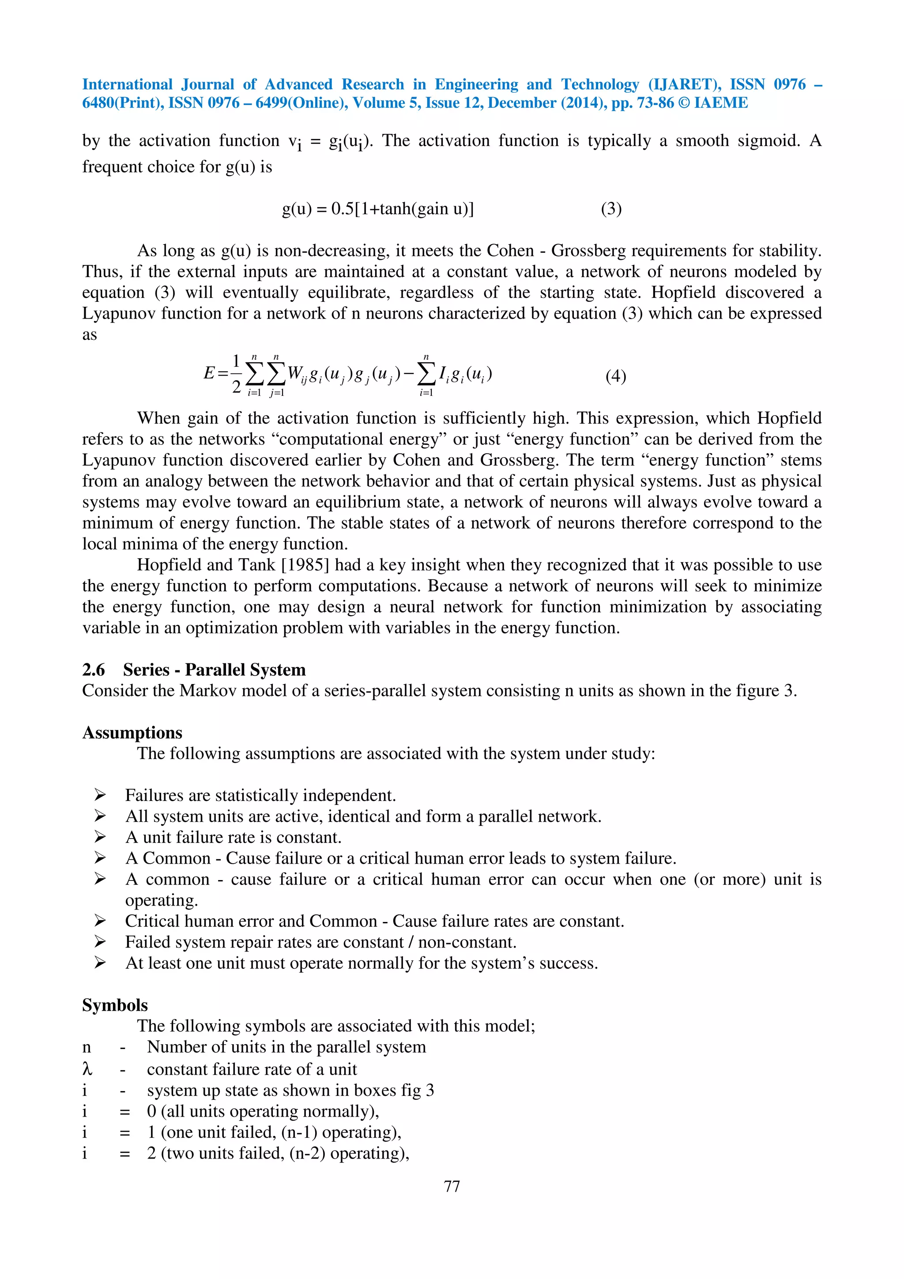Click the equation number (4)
[615, 376]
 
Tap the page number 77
[452, 1186]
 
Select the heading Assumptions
[132, 733]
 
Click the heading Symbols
[115, 1005]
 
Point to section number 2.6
[93, 670]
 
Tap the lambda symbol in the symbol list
[87, 1068]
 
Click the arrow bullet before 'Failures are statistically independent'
[100, 795]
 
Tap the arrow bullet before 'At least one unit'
[100, 963]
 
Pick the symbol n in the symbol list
[87, 1047]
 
